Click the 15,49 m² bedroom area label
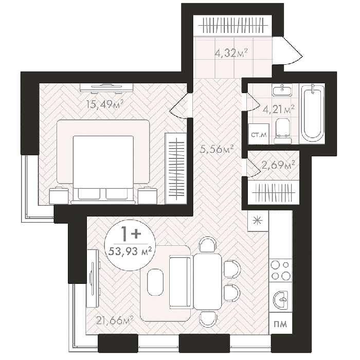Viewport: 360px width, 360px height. click(105, 104)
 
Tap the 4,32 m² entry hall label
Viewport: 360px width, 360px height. click(231, 53)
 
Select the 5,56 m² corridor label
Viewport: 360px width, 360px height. click(217, 149)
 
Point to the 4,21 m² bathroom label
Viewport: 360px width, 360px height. click(278, 109)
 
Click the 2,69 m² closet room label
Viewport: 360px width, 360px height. click(278, 165)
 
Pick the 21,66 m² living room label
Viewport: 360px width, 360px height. click(115, 320)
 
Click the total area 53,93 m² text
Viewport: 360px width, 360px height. click(130, 251)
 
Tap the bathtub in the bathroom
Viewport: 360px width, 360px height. click(312, 113)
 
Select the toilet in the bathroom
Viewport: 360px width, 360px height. click(283, 131)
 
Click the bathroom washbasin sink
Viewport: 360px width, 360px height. click(282, 90)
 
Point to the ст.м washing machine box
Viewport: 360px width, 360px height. click(259, 134)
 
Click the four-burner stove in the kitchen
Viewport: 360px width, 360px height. click(281, 271)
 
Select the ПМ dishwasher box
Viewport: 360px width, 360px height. click(281, 323)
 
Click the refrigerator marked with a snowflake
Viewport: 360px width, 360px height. click(258, 221)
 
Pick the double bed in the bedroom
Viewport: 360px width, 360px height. click(103, 161)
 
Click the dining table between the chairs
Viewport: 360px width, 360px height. click(208, 281)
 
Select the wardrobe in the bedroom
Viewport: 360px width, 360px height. click(176, 168)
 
